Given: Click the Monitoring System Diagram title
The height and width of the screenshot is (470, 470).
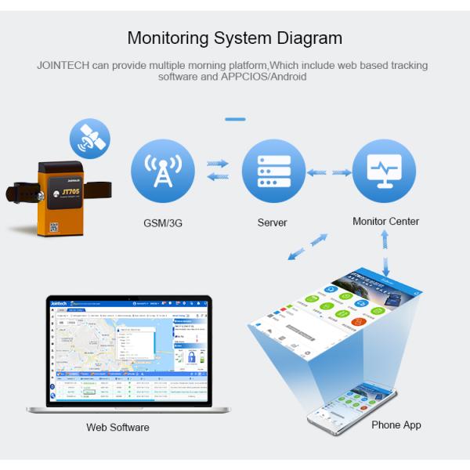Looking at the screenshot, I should [234, 38].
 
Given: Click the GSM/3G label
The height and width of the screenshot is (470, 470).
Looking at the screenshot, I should [162, 222].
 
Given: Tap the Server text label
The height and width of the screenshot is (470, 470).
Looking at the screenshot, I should [273, 222].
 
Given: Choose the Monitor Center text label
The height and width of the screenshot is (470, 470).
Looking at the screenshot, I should [385, 222].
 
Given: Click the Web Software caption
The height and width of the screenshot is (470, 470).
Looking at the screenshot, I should [117, 427].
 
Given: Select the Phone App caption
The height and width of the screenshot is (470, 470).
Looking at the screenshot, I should [396, 425].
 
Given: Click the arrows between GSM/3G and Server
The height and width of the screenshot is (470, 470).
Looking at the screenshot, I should [217, 170].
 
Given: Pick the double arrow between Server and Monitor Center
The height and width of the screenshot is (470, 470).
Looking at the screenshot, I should [329, 172].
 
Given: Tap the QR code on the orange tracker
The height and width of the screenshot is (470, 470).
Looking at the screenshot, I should [54, 227].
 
